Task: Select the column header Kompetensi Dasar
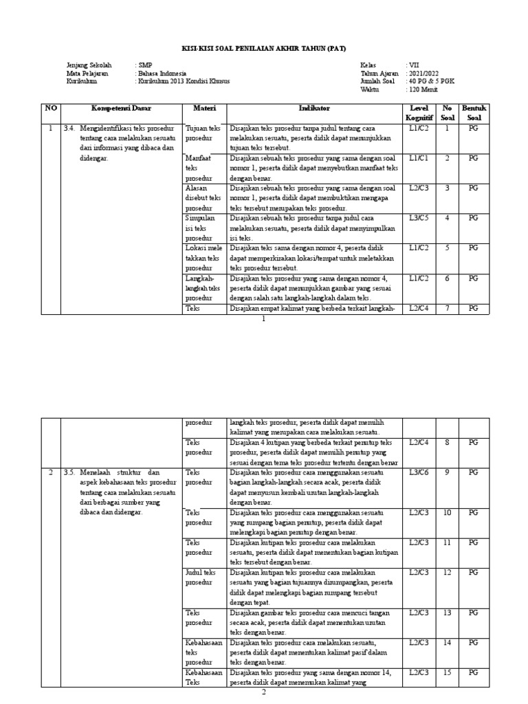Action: tap(122, 109)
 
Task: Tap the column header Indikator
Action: tap(314, 109)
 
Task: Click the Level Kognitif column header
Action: tap(418, 113)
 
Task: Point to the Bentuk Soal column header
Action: tap(474, 113)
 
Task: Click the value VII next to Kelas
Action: tap(413, 65)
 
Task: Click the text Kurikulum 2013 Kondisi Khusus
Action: tap(184, 80)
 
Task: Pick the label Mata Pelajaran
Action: tap(88, 73)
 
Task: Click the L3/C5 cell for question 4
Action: tap(418, 218)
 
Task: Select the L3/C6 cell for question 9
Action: tap(418, 472)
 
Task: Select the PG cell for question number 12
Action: tap(474, 572)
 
